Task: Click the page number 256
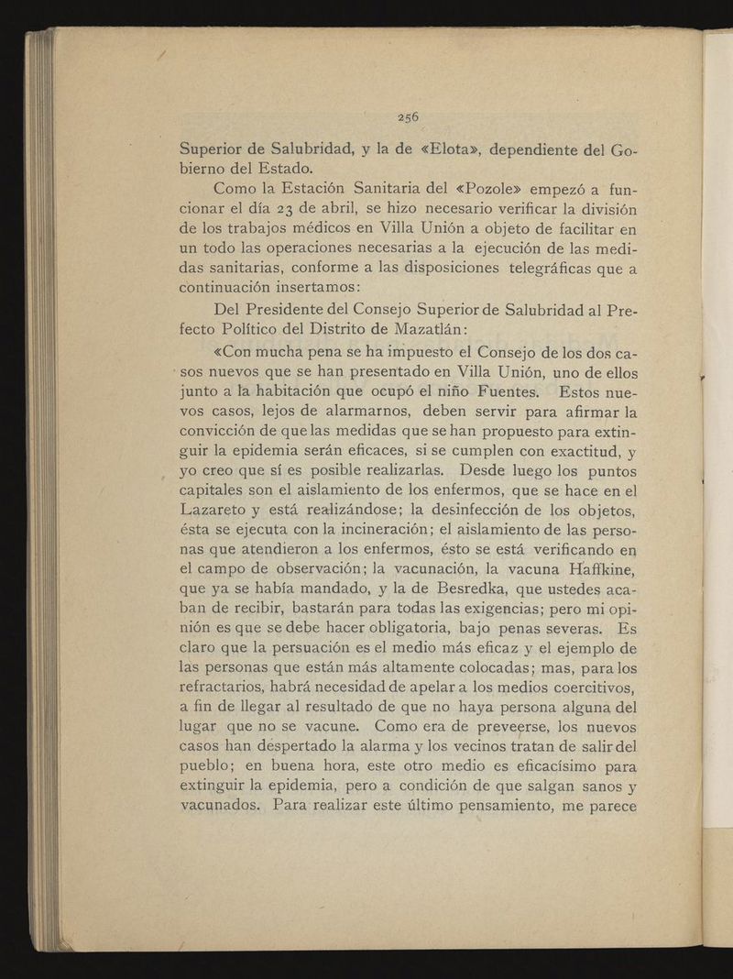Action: [408, 116]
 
